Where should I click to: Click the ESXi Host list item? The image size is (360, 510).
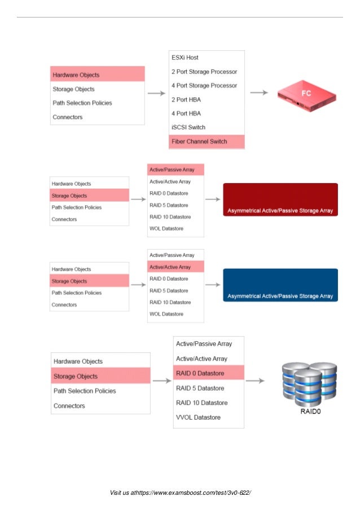click(185, 58)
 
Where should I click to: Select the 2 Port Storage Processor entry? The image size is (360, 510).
click(204, 72)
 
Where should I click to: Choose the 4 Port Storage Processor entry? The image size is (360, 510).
click(204, 86)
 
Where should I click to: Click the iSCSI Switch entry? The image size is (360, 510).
click(188, 127)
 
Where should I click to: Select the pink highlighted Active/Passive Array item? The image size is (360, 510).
click(175, 169)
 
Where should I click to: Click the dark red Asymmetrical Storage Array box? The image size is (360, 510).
click(280, 200)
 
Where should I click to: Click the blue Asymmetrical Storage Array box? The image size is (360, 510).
click(280, 285)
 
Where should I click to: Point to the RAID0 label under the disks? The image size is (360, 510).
click(310, 412)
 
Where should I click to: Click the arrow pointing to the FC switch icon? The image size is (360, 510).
click(259, 93)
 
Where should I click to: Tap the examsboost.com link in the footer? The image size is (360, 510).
click(198, 493)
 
